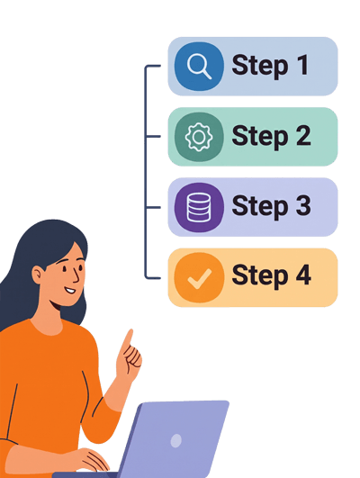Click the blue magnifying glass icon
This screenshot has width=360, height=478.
pos(199,66)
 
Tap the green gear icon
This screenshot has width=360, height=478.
pos(199,137)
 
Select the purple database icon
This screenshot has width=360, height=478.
pos(199,207)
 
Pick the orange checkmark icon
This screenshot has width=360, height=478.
pos(199,278)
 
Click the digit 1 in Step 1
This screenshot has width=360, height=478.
pos(303,64)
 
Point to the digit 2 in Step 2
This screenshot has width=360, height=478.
pos(303,135)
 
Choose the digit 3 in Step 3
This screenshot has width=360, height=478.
pos(303,205)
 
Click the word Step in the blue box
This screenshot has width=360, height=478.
pos(260,67)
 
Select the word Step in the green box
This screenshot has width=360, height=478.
pos(260,137)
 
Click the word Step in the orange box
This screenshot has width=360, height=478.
pos(260,277)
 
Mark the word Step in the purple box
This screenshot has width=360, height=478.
pos(260,208)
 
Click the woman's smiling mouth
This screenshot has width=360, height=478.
pos(70,290)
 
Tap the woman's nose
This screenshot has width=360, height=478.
pos(76,275)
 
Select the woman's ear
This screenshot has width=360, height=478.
pos(38,275)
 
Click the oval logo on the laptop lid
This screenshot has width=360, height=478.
pos(176,440)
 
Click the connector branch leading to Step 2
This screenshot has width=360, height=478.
pos(153,137)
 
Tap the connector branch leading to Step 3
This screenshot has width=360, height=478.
pos(153,207)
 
